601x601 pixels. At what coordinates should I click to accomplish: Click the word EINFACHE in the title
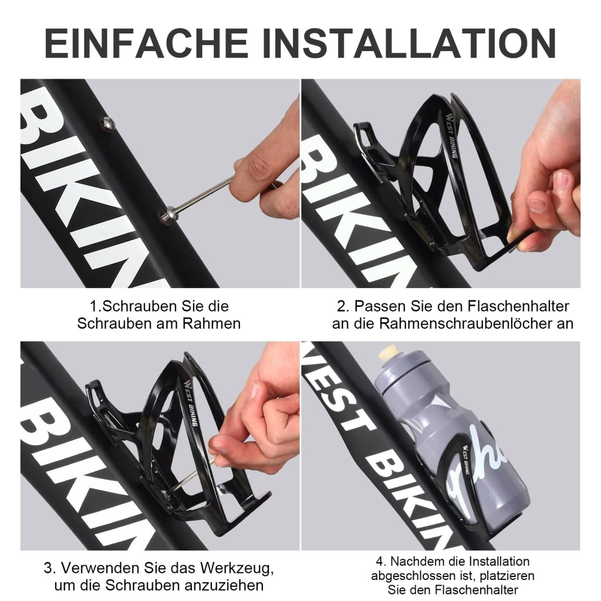[x=146, y=43]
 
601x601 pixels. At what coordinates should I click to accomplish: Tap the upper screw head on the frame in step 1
[x=108, y=123]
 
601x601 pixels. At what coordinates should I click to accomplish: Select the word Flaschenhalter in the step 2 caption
[x=518, y=306]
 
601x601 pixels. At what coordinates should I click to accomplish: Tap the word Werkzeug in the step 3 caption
[x=237, y=568]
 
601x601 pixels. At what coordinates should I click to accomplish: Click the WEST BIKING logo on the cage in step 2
[x=451, y=134]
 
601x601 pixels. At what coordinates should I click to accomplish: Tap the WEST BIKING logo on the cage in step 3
[x=190, y=403]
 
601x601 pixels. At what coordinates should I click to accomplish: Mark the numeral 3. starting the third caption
[x=50, y=568]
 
